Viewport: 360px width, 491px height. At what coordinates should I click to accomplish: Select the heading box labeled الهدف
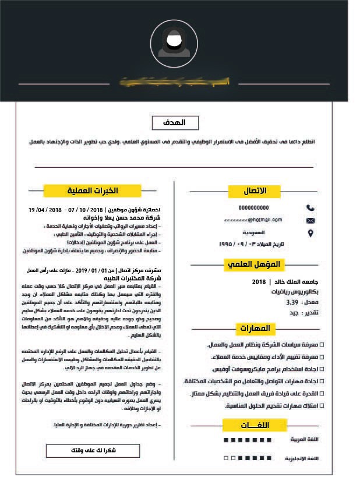(x=175, y=123)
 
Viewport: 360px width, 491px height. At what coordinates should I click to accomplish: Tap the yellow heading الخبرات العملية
(x=93, y=190)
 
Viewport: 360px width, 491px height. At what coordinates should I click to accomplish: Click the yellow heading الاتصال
(x=255, y=191)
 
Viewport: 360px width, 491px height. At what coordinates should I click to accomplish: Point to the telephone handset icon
(x=310, y=207)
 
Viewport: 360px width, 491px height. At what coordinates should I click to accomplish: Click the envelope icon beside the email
(x=310, y=220)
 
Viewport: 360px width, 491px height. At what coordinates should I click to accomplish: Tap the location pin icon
(x=310, y=233)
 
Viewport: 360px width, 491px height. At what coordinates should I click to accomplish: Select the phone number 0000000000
(x=253, y=207)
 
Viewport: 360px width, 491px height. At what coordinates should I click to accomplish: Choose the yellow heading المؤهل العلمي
(x=253, y=264)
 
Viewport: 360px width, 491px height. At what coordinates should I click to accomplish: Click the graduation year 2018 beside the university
(x=259, y=282)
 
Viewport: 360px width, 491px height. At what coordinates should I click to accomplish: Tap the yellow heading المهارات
(x=255, y=328)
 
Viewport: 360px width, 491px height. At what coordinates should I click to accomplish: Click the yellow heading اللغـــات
(x=255, y=425)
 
